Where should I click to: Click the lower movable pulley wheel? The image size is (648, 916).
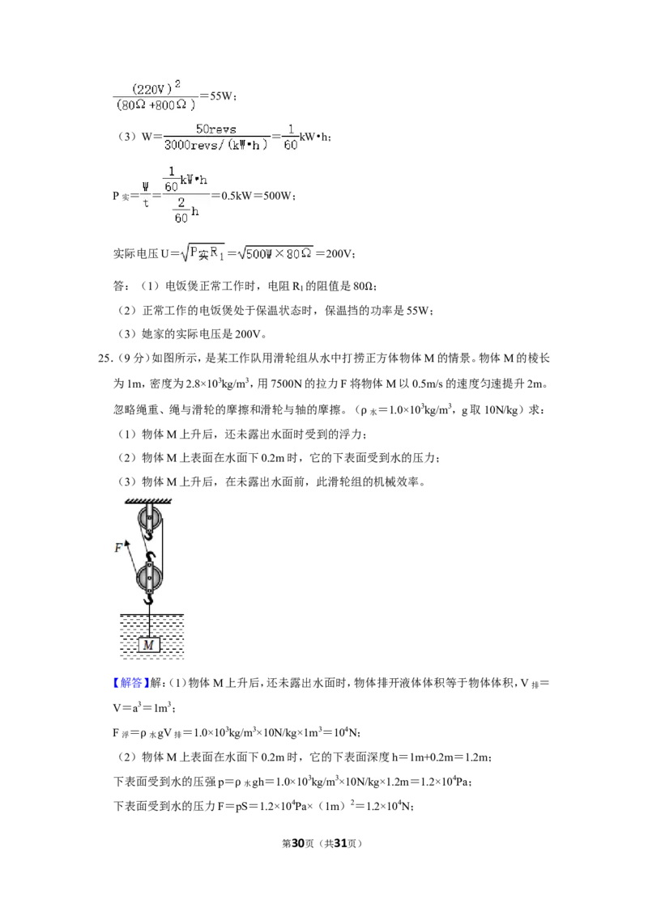point(149,579)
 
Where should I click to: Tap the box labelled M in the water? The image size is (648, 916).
point(149,645)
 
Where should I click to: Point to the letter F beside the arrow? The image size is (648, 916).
point(119,548)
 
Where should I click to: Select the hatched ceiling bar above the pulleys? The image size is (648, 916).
point(148,501)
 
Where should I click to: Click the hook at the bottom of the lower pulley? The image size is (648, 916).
point(149,598)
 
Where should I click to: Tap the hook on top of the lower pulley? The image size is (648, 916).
point(150,557)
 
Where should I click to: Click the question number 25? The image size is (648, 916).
point(104,358)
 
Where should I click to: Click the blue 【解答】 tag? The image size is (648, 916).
point(131,683)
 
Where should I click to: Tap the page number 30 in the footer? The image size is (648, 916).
point(298,843)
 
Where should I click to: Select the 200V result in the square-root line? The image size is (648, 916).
point(339,253)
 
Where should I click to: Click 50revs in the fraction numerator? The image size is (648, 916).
point(215,129)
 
